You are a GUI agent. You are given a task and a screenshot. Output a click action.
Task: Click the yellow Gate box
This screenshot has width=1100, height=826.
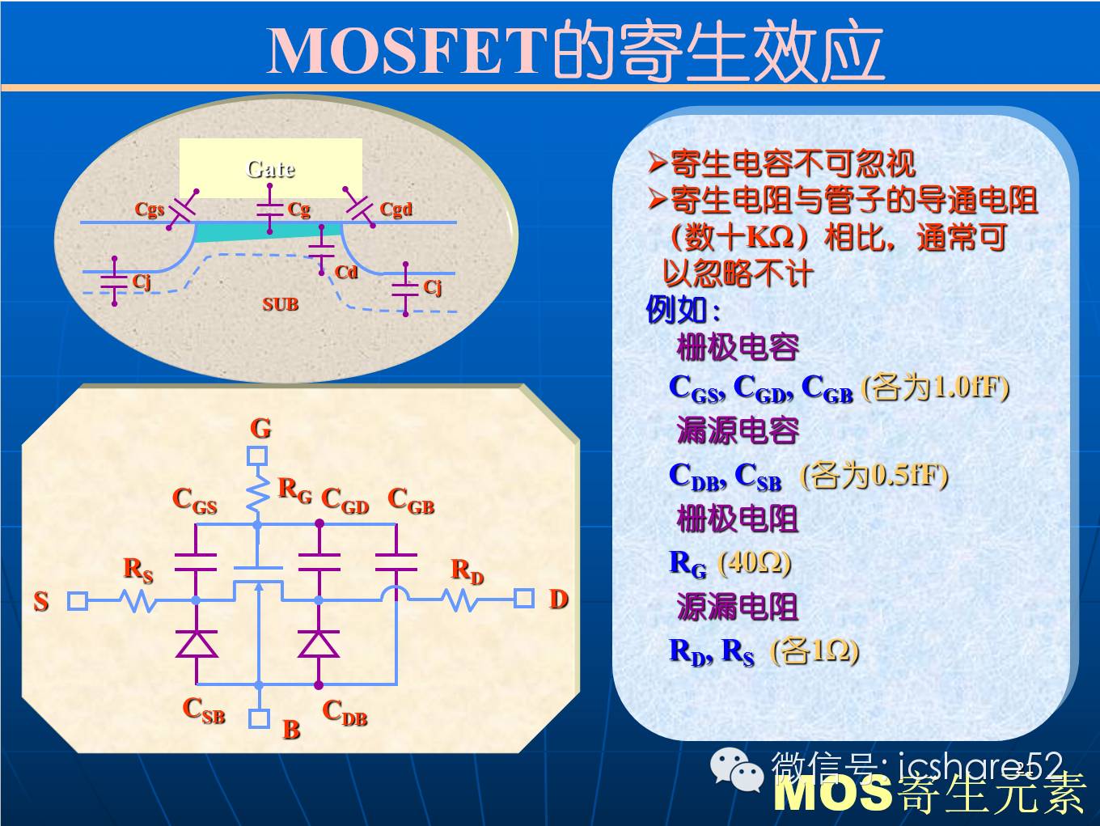pos(271,168)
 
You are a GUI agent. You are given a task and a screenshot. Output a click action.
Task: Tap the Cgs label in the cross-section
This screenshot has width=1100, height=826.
pos(150,209)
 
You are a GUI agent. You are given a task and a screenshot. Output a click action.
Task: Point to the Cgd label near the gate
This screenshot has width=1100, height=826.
pos(396,209)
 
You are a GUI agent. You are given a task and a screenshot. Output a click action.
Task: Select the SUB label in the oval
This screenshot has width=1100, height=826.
pos(280,304)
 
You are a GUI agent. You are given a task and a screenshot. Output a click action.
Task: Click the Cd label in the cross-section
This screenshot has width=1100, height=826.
pos(346,272)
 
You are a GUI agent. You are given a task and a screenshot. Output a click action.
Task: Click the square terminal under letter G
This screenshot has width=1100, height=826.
pos(257,456)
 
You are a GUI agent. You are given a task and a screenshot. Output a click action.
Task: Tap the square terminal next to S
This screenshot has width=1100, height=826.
pos(78,600)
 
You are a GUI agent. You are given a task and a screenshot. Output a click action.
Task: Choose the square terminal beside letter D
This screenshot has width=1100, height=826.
pos(524,599)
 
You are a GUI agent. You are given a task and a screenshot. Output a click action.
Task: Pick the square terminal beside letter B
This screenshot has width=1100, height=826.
pos(259,718)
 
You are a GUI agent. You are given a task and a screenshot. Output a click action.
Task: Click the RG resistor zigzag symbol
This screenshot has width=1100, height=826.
pos(257,493)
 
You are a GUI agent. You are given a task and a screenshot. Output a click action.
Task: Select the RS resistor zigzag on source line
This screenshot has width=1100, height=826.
pos(137,600)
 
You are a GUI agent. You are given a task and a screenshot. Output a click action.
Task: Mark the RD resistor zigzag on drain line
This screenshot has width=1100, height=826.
pos(460,599)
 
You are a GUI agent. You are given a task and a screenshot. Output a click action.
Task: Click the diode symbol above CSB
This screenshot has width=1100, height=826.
pos(197,644)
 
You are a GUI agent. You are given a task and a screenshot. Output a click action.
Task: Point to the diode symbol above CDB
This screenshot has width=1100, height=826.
pos(319,644)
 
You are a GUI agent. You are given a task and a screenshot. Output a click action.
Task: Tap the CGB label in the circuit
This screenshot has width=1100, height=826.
pos(411,501)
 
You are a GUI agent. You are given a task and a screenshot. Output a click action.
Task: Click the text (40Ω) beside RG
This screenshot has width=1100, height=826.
pos(754,563)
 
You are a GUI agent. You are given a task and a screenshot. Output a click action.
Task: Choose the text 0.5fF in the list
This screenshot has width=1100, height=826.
pos(904,475)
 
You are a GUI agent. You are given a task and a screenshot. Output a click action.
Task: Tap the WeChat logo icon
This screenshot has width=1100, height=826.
pos(737,770)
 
